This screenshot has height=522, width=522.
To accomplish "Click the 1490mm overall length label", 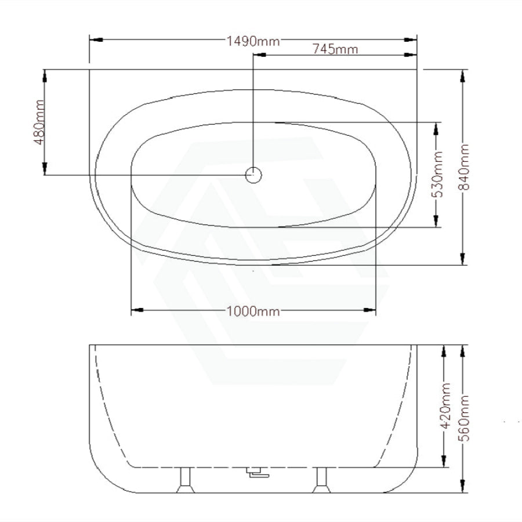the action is [x=253, y=41].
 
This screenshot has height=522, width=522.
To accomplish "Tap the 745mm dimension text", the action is [x=335, y=49].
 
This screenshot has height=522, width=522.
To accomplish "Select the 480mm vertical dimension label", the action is [x=39, y=122].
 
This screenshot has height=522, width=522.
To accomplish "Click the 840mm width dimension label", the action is [x=464, y=167].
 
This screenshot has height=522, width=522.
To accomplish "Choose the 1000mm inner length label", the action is [x=253, y=311].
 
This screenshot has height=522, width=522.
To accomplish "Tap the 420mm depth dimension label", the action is [x=445, y=405].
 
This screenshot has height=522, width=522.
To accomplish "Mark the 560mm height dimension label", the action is [x=464, y=418].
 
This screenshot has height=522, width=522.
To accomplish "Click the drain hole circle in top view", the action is [x=253, y=175].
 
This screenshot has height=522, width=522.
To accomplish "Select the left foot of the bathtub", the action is [x=186, y=480].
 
